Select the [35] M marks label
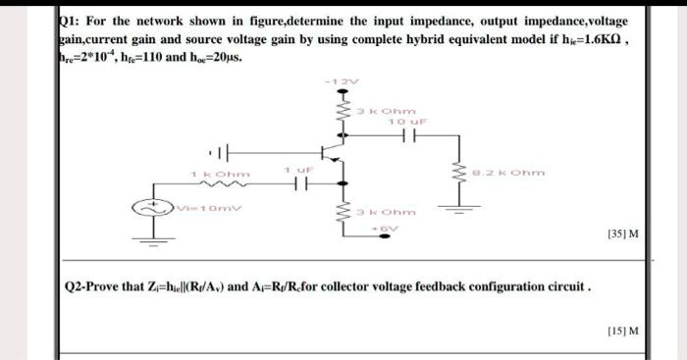click(x=623, y=234)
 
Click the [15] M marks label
click(x=623, y=331)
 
